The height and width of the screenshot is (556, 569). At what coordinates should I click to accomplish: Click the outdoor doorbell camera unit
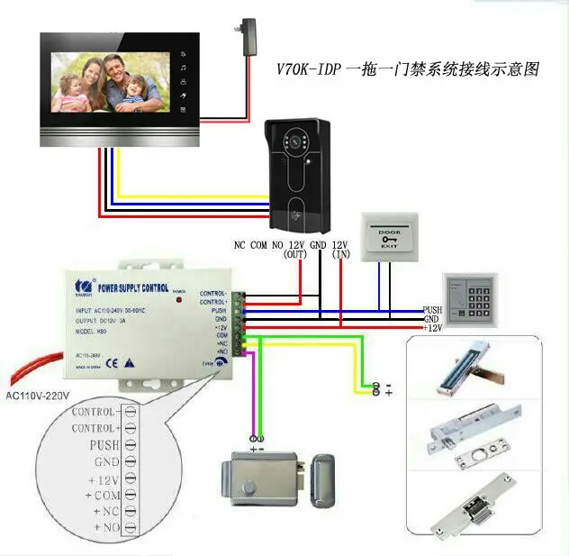point(303,172)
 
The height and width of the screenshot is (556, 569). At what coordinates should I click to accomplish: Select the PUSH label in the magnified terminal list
point(104,445)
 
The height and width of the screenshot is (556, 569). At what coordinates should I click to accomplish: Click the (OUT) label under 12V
point(296,255)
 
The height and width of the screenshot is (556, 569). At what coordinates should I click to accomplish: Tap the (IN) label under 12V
point(341,255)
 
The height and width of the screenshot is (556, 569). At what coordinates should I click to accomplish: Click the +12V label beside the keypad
point(433,328)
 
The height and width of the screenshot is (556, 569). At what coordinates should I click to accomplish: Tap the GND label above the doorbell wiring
point(318,245)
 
